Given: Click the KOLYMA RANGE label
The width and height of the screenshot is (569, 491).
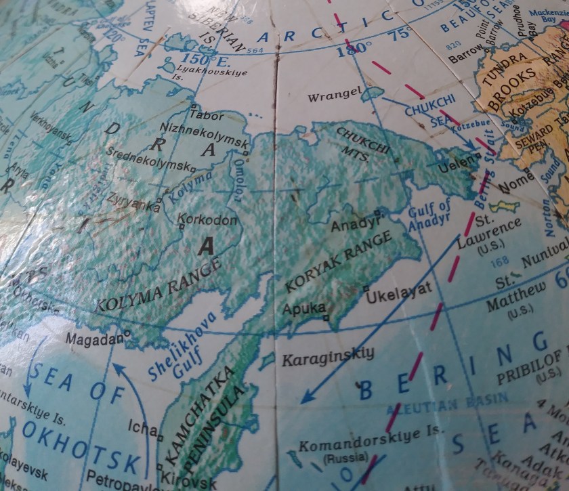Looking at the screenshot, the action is click(x=154, y=286).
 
